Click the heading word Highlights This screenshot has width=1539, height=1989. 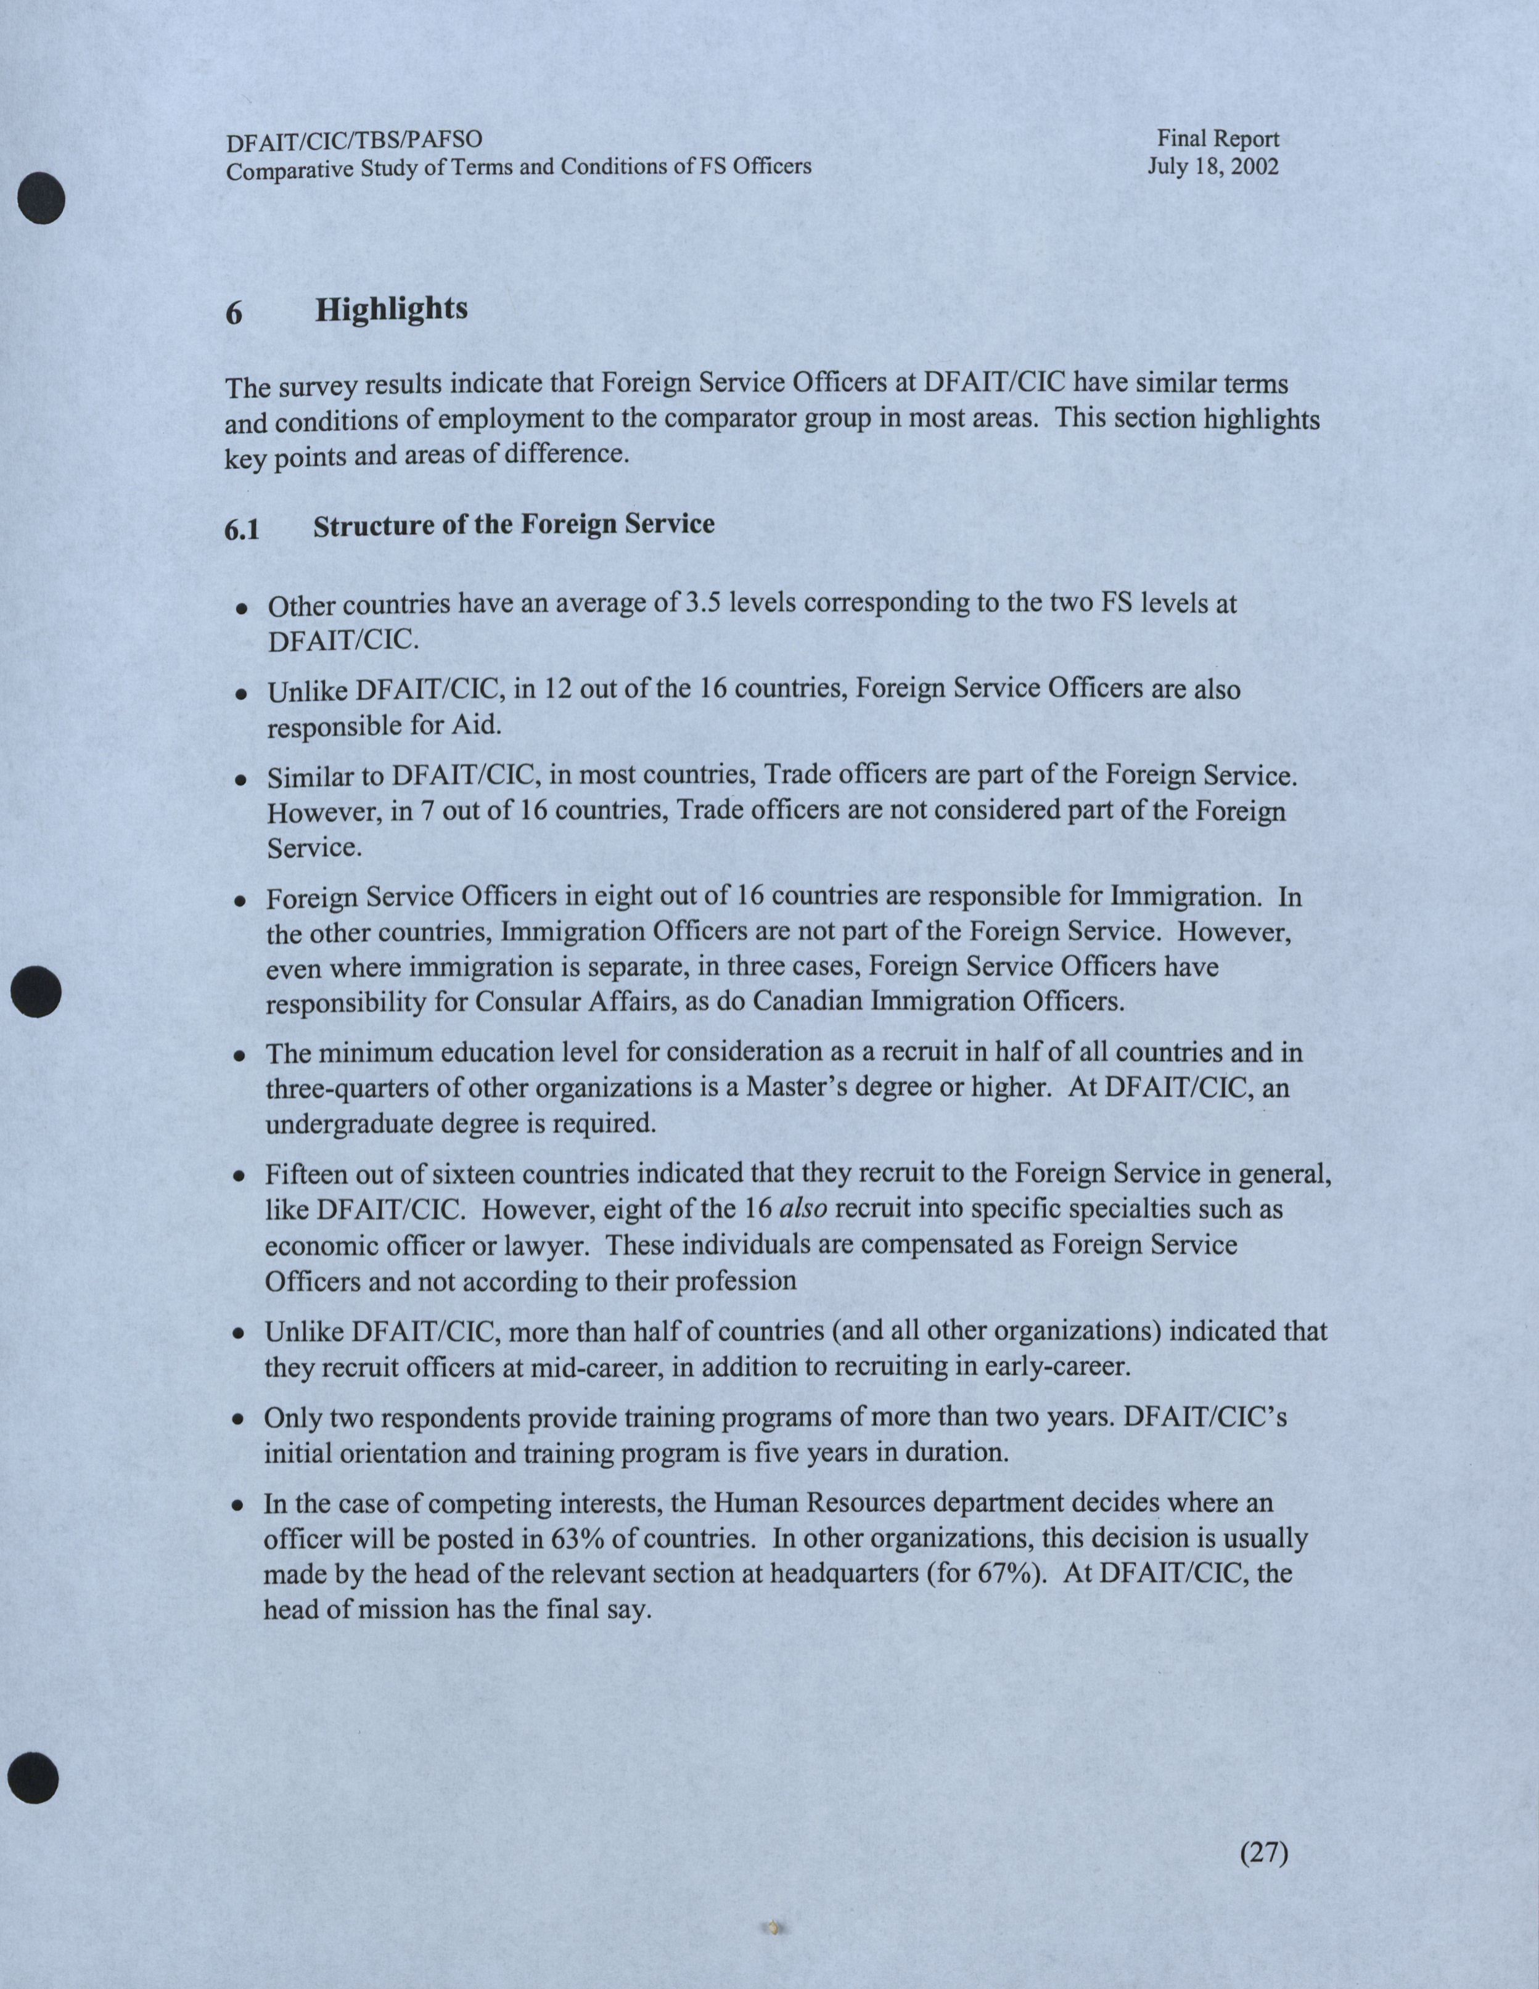392,310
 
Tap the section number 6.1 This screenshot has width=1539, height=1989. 242,529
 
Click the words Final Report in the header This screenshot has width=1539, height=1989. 1218,139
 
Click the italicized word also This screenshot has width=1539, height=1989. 804,1208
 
